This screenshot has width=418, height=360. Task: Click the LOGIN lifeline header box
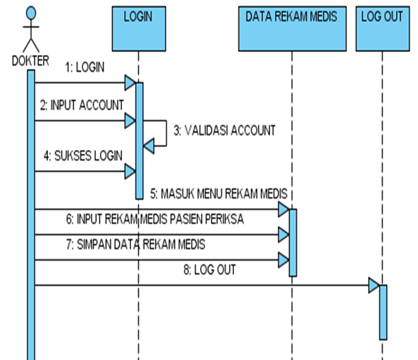[138, 27]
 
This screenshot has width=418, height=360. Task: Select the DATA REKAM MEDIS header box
[290, 27]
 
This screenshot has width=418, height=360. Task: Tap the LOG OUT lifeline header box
[381, 27]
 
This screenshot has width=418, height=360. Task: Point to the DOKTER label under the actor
[30, 61]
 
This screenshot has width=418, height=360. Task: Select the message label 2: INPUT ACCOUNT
[82, 104]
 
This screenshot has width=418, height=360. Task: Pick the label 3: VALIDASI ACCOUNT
[224, 130]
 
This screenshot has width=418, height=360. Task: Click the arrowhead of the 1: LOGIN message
[130, 83]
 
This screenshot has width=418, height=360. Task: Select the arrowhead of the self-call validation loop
[149, 146]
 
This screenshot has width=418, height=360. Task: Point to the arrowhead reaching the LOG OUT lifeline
[374, 285]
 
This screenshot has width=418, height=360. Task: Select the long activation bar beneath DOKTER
[31, 211]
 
